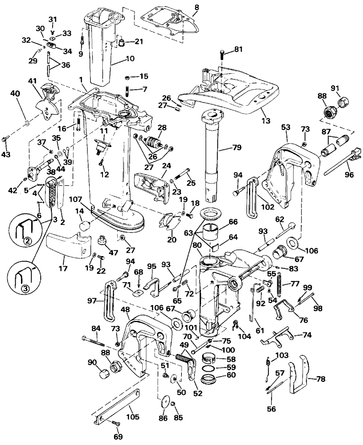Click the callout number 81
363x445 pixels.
click(x=238, y=50)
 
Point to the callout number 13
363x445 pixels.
click(x=266, y=121)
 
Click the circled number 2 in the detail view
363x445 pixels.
click(x=28, y=241)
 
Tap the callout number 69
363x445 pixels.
click(x=118, y=436)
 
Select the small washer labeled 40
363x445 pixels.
click(x=27, y=122)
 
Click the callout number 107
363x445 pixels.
click(x=76, y=199)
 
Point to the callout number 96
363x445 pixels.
click(x=349, y=174)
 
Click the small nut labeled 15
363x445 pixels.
click(x=127, y=78)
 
